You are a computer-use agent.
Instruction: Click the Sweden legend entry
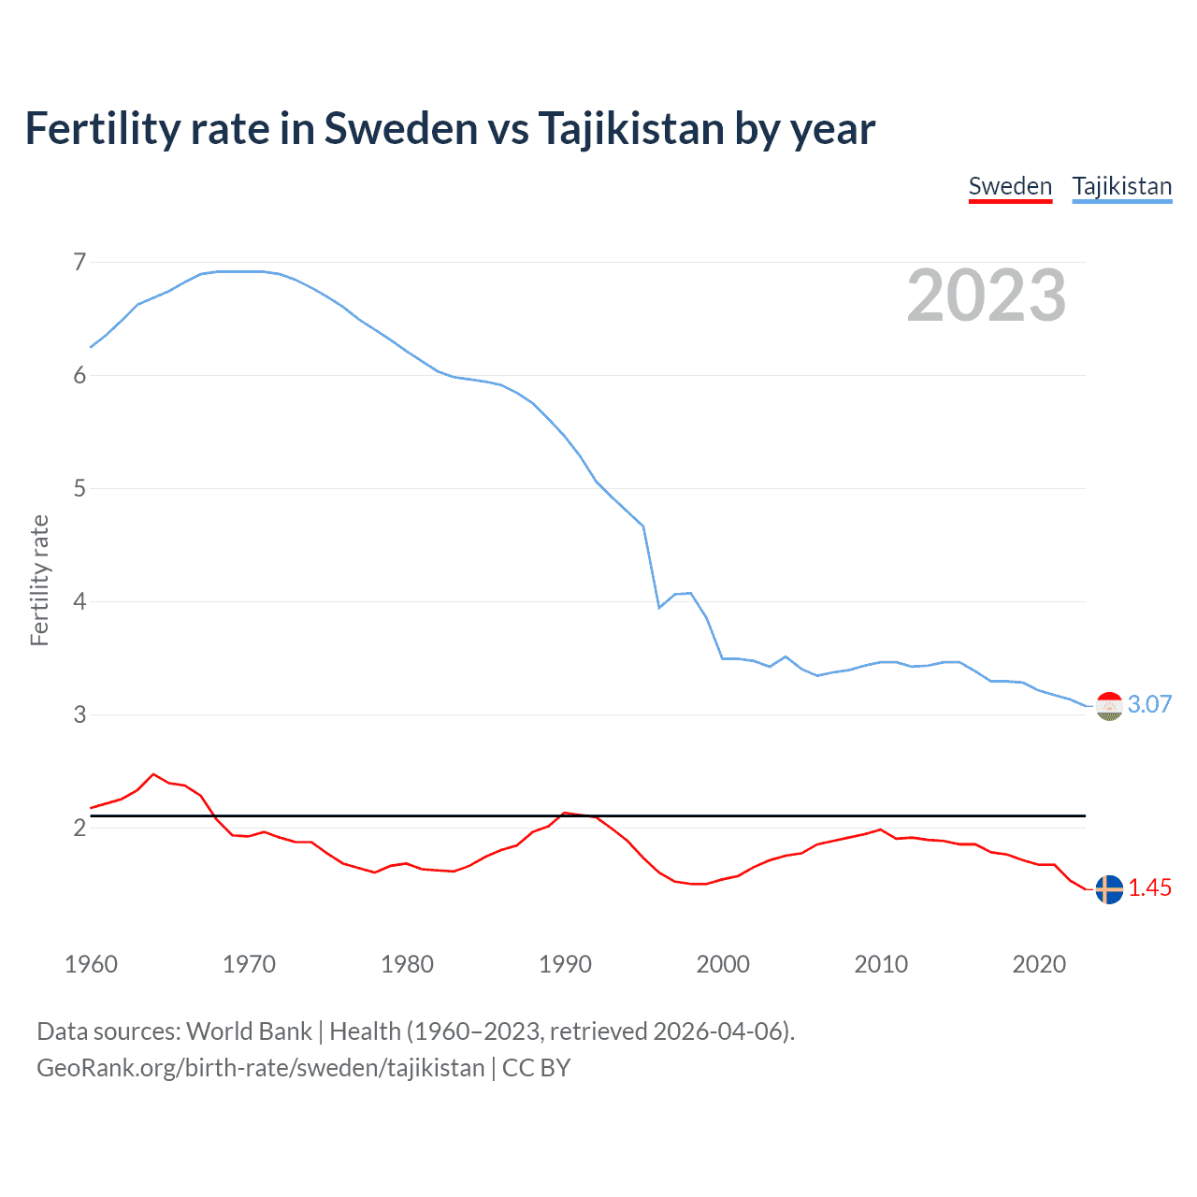(x=1010, y=186)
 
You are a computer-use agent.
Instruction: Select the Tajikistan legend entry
(x=1121, y=186)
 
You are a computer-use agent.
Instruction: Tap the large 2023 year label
(x=986, y=296)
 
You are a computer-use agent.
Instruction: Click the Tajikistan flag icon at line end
(x=1109, y=706)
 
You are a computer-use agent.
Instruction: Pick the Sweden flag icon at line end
(x=1109, y=889)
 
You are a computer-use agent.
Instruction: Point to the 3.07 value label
(x=1149, y=705)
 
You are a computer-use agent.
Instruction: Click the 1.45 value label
(x=1149, y=888)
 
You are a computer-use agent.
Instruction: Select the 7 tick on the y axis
(x=79, y=262)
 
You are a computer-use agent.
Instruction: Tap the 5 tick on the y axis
(x=79, y=488)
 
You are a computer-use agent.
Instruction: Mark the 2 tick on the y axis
(x=79, y=828)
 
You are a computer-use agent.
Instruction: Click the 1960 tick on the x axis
(x=91, y=964)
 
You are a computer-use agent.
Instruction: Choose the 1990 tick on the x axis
(x=565, y=964)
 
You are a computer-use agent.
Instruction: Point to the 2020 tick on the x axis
(x=1039, y=964)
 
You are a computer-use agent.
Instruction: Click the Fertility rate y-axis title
(x=39, y=580)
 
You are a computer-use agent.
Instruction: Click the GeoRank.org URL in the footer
(x=260, y=1068)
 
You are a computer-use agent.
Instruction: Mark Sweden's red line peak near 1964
(x=154, y=774)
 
